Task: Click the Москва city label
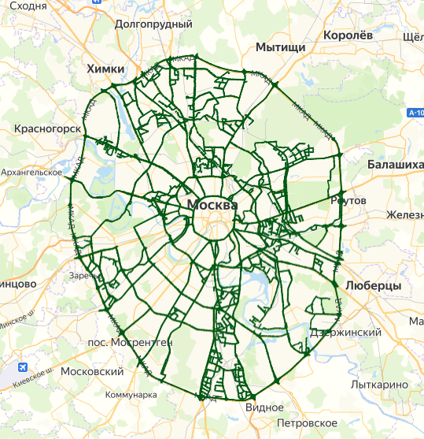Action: (x=212, y=205)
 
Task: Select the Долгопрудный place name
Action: (x=153, y=24)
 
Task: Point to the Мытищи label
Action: (x=280, y=48)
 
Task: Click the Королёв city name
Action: (x=353, y=35)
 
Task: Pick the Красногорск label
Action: (x=47, y=128)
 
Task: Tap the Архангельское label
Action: (x=32, y=171)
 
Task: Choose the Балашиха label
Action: (x=395, y=164)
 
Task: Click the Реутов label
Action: (x=348, y=201)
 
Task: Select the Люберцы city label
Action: (x=373, y=285)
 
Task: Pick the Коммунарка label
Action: (x=131, y=395)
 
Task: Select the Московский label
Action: (x=92, y=371)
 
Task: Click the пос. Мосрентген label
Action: (x=130, y=343)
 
